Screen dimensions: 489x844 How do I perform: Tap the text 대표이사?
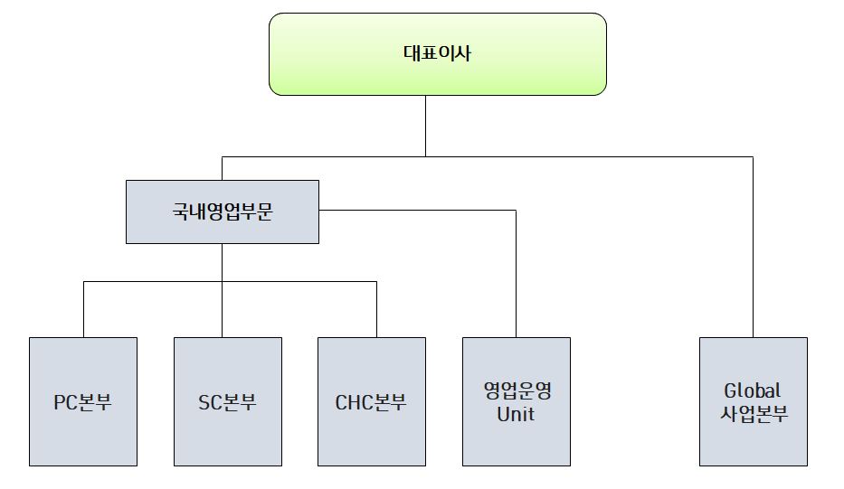(437, 52)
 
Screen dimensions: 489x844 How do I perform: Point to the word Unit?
(517, 415)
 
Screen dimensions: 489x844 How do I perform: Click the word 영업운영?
(517, 391)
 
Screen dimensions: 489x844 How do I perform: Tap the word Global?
(753, 391)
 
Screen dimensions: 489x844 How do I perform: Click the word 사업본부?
(753, 415)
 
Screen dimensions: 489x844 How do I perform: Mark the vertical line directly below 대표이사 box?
(425, 126)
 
